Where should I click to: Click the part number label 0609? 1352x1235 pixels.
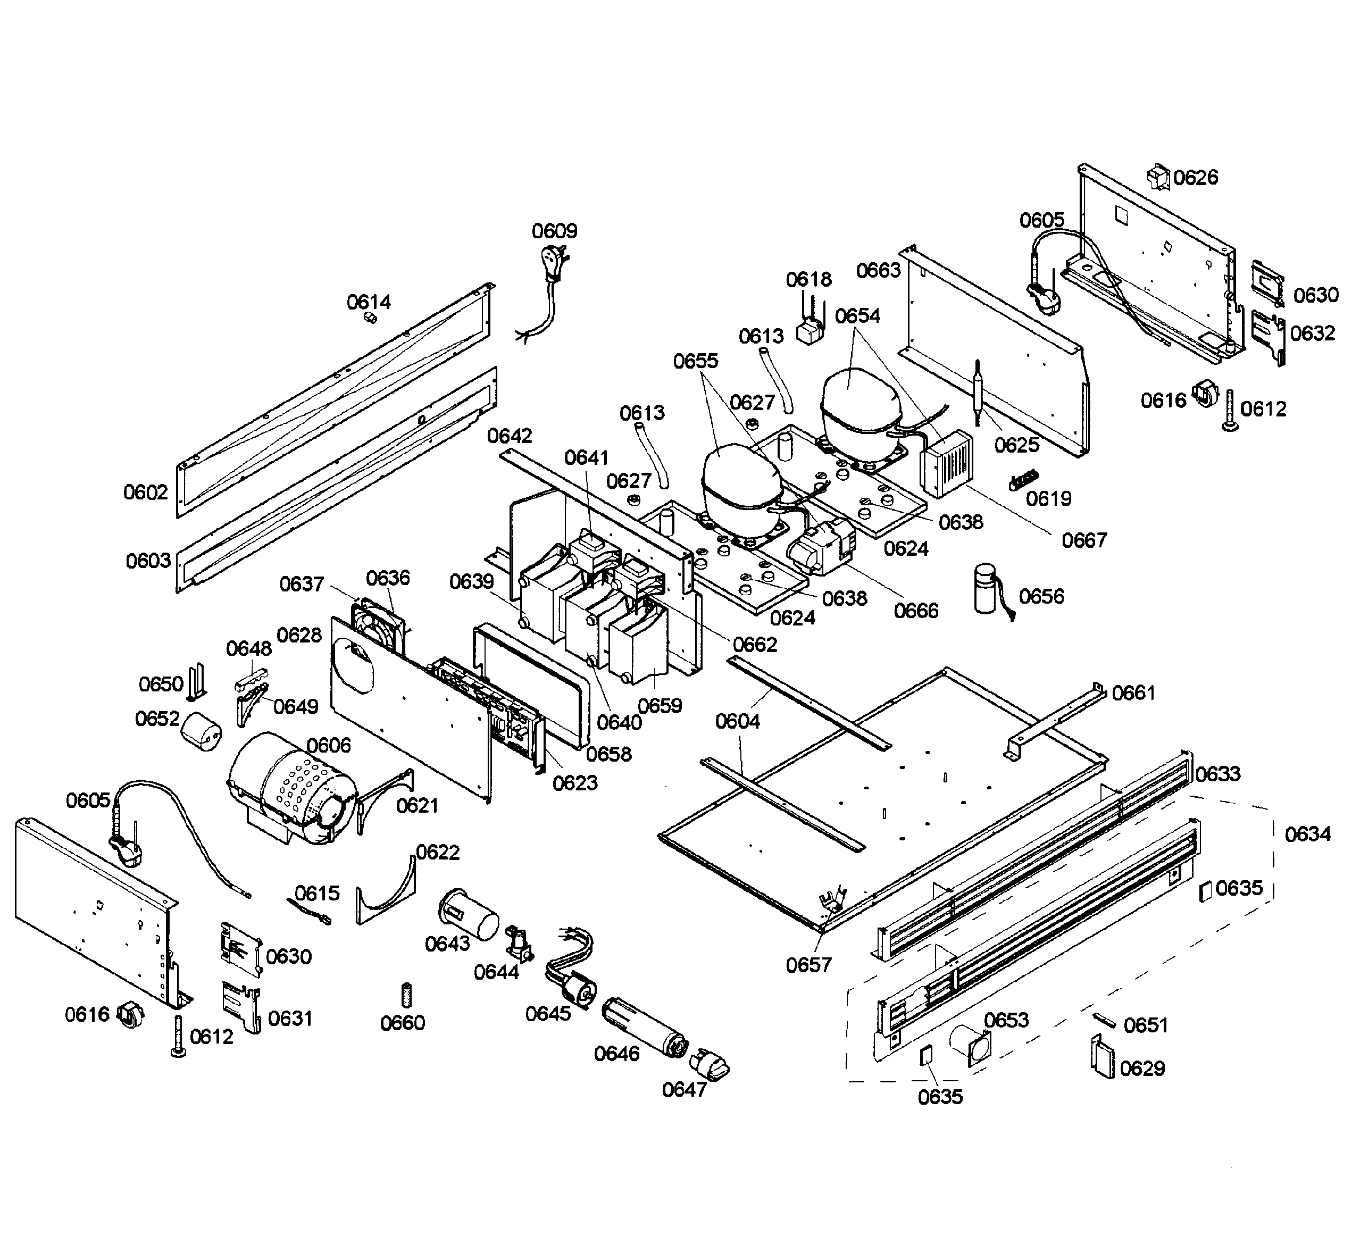click(554, 231)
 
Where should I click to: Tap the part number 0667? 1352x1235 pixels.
click(1084, 540)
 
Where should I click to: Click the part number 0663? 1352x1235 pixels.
click(878, 270)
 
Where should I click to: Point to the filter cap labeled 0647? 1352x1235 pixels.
click(710, 1063)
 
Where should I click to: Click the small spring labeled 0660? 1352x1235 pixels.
click(406, 994)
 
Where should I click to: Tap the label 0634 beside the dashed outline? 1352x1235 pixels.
click(1307, 834)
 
